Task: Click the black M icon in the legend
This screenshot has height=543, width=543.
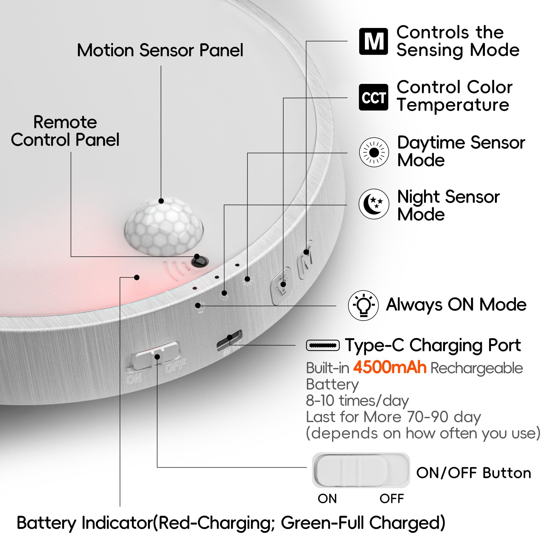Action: [x=373, y=41]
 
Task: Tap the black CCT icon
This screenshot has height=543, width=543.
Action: [x=373, y=97]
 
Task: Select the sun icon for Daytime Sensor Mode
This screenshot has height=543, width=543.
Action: [x=374, y=153]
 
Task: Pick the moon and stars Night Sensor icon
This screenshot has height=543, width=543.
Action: [x=374, y=204]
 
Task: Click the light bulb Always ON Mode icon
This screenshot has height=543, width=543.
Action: [x=363, y=305]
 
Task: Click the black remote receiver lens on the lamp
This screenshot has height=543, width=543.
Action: [x=200, y=262]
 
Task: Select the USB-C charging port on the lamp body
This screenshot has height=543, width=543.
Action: [x=229, y=340]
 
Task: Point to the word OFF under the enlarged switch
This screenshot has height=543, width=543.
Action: [x=392, y=498]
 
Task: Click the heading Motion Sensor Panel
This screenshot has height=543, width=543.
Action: [x=160, y=50]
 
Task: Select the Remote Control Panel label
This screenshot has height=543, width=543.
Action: [x=65, y=131]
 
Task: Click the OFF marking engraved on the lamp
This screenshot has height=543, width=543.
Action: [x=176, y=365]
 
